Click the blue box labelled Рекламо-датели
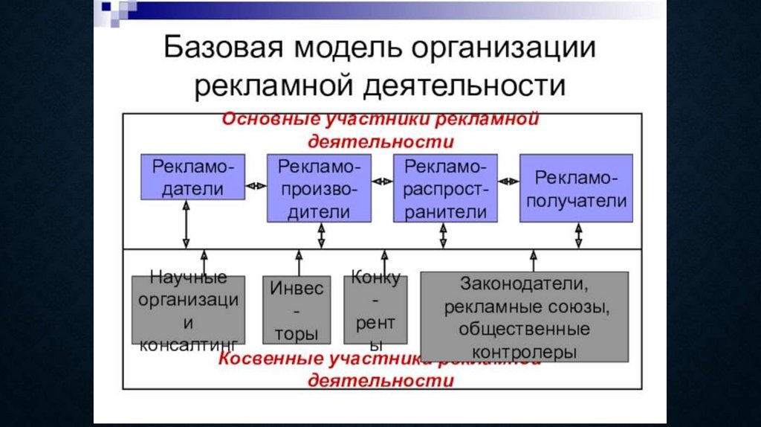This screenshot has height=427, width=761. click(192, 176)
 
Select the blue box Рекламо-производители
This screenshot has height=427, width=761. click(319, 188)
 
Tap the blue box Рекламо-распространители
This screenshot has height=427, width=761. click(445, 188)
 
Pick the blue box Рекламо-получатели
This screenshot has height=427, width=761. click(576, 188)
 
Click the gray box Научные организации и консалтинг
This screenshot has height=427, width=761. click(188, 310)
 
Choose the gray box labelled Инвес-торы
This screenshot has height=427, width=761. click(297, 310)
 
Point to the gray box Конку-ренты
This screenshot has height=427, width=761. click(376, 310)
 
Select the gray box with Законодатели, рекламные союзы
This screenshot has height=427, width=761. click(524, 315)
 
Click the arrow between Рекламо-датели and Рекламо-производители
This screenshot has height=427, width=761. click(256, 186)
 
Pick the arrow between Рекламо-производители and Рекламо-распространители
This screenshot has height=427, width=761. click(382, 180)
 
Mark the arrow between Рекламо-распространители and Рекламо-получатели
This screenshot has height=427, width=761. click(508, 180)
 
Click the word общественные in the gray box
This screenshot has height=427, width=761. click(524, 327)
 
